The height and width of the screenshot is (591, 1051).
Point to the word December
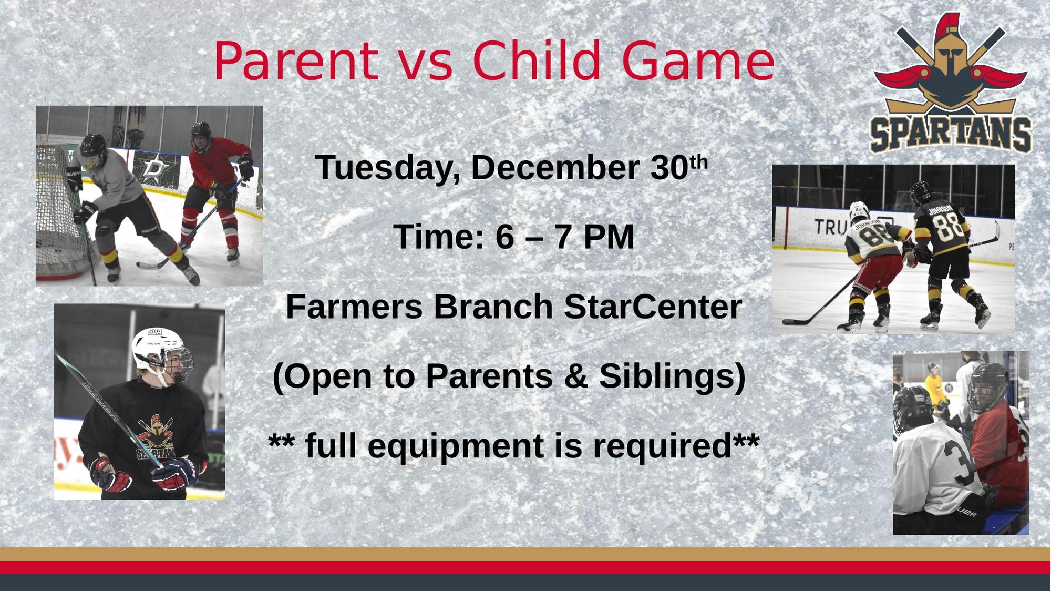(555, 168)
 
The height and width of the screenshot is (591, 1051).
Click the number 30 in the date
(669, 168)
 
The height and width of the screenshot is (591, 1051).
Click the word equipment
(456, 447)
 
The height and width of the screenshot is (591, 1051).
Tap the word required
(662, 446)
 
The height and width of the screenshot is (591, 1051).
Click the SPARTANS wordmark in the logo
(951, 134)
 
